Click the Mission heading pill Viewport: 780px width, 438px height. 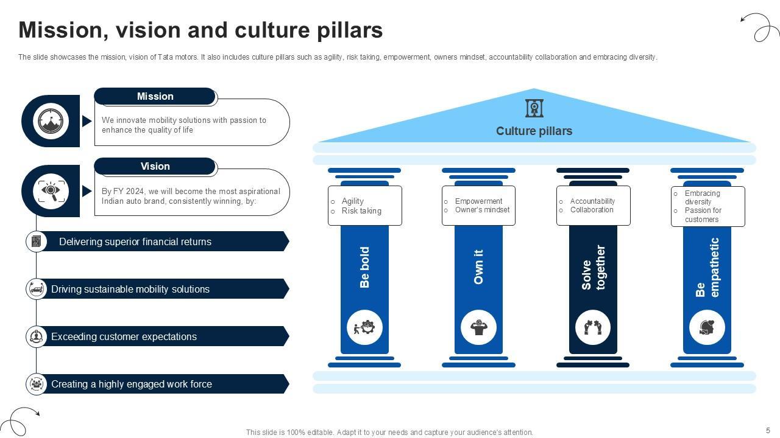155,96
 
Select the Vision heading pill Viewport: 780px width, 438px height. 155,166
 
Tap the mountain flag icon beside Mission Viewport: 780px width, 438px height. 51,120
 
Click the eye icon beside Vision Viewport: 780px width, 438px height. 51,190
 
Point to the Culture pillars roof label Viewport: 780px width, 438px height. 534,131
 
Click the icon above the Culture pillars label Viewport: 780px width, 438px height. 534,108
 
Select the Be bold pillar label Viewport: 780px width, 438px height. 364,267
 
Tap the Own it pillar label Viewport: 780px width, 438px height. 478,267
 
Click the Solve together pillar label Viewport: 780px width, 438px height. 593,268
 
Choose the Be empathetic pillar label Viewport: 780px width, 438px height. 707,268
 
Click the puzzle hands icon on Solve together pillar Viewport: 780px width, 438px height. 593,327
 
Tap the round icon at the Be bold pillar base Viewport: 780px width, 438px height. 364,327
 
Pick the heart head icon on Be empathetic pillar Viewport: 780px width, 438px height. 707,327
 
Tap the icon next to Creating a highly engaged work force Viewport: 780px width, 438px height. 37,384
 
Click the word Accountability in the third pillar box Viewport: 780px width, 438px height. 592,201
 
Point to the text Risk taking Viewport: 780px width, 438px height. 361,211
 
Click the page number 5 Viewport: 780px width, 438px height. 768,430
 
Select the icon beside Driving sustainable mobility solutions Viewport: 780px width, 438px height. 37,289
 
